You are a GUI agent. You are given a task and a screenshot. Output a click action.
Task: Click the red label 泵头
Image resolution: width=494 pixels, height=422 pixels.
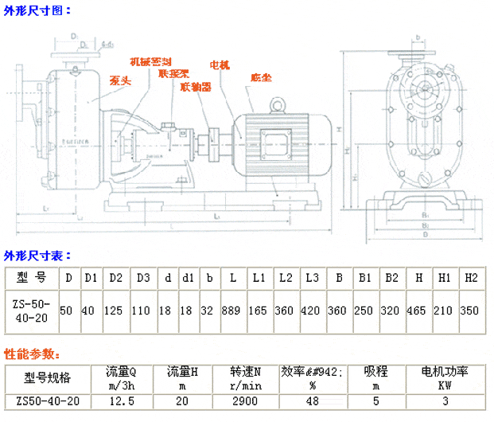click(120, 80)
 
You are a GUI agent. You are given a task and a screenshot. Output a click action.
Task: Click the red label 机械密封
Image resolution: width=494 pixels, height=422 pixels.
click(151, 61)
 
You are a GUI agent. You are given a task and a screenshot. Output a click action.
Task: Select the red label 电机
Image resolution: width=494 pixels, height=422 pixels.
click(220, 65)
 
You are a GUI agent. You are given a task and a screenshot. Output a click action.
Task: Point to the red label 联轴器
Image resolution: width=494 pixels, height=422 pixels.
click(196, 86)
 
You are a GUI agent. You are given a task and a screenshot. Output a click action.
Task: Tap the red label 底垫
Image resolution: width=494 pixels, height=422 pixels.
click(260, 78)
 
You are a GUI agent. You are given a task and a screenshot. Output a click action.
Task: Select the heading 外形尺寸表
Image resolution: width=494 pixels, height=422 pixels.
click(37, 256)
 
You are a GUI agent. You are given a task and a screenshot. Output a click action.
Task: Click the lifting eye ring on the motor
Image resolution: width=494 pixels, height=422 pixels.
click(278, 104)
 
